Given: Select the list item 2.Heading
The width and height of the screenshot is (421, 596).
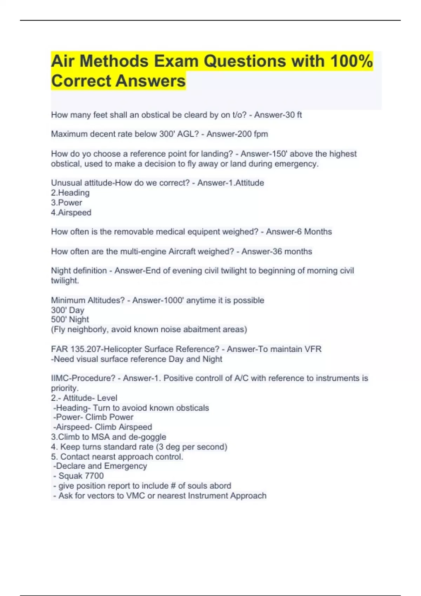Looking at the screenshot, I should tap(70, 193).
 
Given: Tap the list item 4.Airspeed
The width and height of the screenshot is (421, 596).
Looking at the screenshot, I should tap(71, 212).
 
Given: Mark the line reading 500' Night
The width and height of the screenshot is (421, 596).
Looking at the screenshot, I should tap(70, 320).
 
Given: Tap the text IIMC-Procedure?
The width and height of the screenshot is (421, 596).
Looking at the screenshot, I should tap(83, 378).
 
